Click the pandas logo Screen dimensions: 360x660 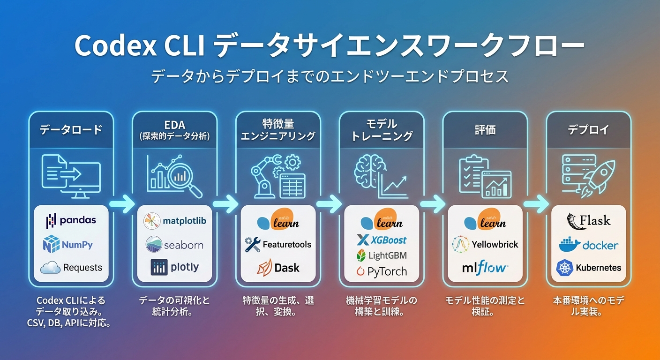71,220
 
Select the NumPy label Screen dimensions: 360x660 77,244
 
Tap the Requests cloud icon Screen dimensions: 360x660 50,268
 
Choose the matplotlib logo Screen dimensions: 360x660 175,220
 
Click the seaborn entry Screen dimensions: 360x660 174,245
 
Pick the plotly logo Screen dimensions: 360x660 174,267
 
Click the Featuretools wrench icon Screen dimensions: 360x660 253,244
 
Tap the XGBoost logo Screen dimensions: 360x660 382,240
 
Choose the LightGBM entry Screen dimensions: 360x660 381,255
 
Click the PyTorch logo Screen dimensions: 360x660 381,271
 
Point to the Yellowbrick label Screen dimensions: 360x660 495,244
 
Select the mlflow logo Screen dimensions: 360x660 485,268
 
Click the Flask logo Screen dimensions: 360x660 588,220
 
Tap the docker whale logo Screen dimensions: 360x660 570,244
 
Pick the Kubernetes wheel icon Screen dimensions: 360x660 564,268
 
